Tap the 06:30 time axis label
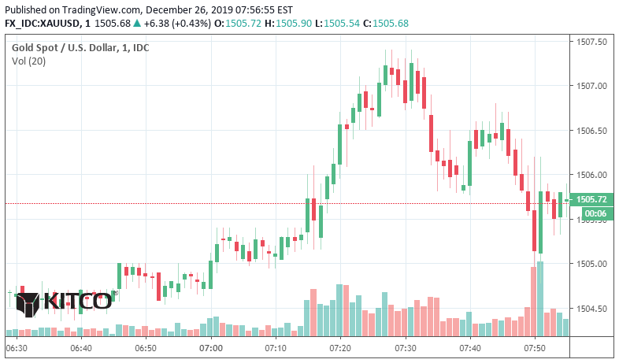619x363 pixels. pos(17,347)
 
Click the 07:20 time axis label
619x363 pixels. pos(340,347)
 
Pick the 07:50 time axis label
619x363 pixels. pos(535,347)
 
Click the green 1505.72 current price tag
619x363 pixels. pos(591,200)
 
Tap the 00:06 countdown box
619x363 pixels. pos(591,213)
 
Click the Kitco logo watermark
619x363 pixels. pos(64,302)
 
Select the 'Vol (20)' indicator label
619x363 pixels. pos(28,61)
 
